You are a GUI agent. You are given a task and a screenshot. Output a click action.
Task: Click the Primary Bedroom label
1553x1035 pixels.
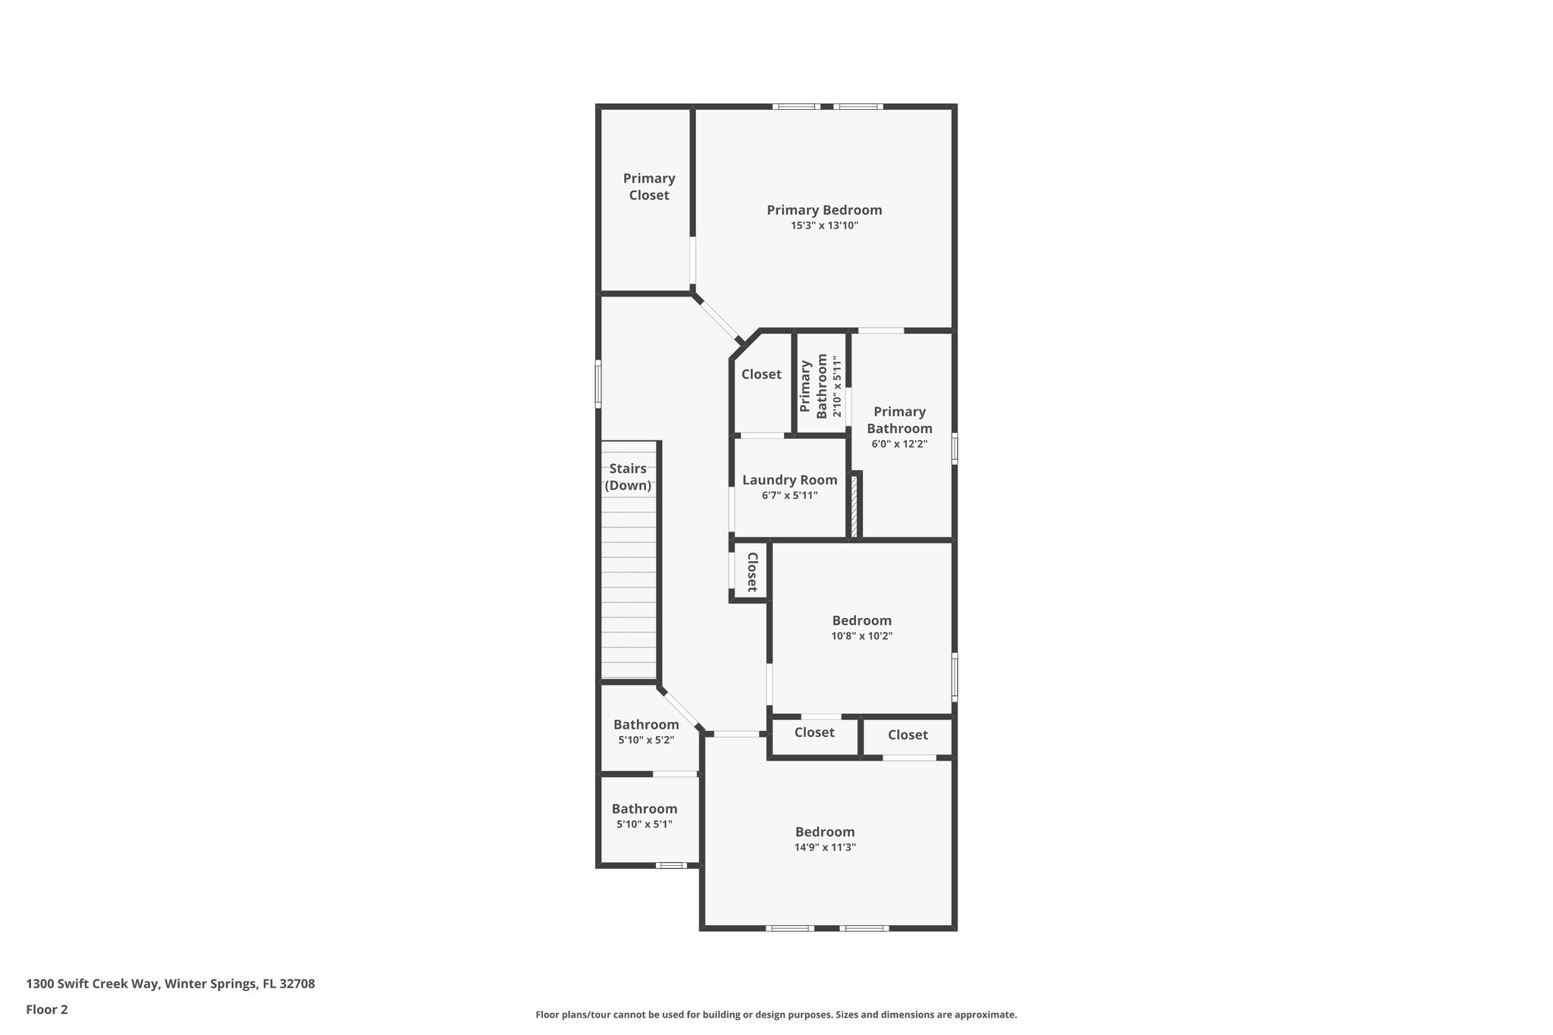[x=824, y=210]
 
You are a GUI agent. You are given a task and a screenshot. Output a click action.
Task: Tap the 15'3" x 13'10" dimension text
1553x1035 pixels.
[x=824, y=226]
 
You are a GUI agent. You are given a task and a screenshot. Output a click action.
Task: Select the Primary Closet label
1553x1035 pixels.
[x=648, y=187]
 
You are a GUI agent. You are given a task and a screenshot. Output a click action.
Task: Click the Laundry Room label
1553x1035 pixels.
[x=789, y=480]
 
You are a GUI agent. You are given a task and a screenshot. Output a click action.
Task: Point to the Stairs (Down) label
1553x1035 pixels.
[x=628, y=477]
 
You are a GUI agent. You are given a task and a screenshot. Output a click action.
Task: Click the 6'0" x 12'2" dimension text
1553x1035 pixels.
[x=899, y=444]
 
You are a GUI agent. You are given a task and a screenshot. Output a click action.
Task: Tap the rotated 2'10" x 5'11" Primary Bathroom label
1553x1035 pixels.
[x=821, y=386]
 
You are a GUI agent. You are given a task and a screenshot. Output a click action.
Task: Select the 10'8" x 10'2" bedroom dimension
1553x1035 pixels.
[x=861, y=637]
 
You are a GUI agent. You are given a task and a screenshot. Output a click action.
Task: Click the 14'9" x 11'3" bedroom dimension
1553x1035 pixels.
[x=825, y=848]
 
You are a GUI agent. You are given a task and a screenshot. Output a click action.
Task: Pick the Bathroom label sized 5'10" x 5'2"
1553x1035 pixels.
[x=646, y=725]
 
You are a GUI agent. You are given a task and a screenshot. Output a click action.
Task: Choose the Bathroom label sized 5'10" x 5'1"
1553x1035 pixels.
[x=645, y=809]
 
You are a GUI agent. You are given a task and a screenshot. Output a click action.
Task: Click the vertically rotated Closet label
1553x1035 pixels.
[x=752, y=572]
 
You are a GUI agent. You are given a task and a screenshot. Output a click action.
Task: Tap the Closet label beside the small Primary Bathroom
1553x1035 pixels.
[x=761, y=375]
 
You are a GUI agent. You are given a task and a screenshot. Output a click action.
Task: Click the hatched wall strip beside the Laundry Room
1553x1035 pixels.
[x=854, y=506]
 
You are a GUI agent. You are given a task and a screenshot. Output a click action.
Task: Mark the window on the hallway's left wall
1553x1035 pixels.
[x=598, y=384]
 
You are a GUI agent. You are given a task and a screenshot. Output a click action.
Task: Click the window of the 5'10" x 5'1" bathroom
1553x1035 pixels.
[x=671, y=865]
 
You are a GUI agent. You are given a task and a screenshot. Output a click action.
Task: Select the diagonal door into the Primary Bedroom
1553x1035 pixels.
[x=718, y=320]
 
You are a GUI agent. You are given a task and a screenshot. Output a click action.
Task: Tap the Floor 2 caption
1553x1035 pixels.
[x=47, y=1009]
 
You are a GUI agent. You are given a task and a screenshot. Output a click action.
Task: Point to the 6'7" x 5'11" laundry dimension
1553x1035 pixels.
[x=789, y=496]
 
